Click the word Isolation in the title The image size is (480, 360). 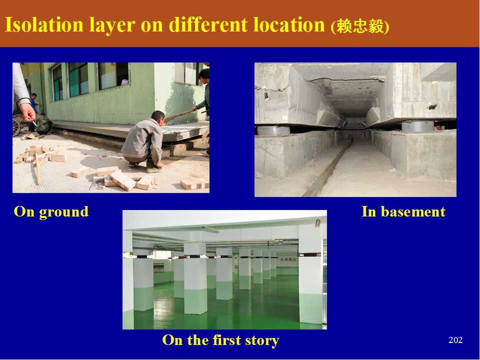pyautogui.click(x=44, y=24)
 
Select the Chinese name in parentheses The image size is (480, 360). pyautogui.click(x=360, y=26)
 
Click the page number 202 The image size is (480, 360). pyautogui.click(x=455, y=340)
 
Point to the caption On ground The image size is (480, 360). pyautogui.click(x=51, y=212)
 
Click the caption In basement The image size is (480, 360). pyautogui.click(x=403, y=211)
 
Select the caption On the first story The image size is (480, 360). pyautogui.click(x=220, y=340)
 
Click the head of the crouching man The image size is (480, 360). pyautogui.click(x=158, y=116)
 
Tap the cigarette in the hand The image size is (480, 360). pyautogui.click(x=34, y=123)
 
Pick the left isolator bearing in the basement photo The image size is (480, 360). pyautogui.click(x=273, y=130)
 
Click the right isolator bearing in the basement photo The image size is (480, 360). pyautogui.click(x=418, y=126)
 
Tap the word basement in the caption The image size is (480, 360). pyautogui.click(x=413, y=211)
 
